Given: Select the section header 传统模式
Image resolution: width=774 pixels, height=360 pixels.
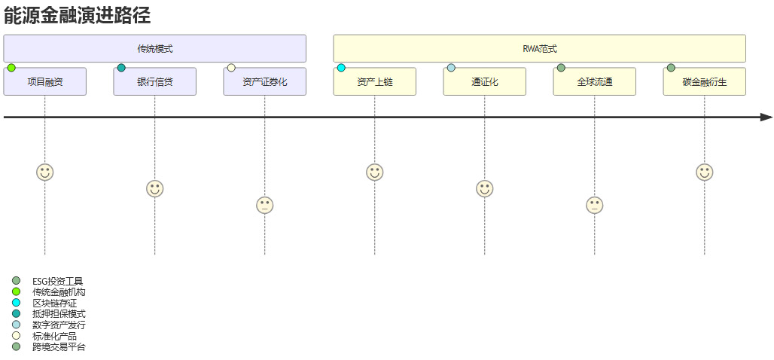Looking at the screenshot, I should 155,49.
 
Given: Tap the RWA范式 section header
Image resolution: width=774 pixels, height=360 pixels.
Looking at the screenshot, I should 539,49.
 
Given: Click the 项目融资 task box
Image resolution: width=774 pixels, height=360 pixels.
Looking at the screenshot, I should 45,82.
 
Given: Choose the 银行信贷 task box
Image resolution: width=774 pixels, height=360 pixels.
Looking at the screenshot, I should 155,82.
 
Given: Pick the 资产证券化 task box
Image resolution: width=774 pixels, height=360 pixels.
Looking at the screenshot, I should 265,82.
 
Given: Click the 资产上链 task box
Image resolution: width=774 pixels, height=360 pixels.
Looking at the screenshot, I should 375,82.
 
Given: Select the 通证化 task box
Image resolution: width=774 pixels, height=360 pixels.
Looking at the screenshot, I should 485,82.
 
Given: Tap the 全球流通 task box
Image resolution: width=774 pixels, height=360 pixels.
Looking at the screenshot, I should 595,82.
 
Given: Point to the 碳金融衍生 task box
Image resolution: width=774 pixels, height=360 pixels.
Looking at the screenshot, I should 705,82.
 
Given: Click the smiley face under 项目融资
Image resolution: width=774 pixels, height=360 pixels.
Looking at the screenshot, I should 45,172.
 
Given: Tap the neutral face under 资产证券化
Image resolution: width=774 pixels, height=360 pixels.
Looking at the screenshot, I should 265,205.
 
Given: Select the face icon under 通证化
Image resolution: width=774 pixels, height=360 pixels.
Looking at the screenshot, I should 485,189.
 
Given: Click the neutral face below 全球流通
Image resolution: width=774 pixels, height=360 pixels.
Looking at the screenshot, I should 595,205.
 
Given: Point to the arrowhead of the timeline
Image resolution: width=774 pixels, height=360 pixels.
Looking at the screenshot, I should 766,117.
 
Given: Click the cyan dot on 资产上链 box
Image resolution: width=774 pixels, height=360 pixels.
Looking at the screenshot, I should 341,68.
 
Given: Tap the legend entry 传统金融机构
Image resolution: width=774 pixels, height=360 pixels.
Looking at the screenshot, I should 58,292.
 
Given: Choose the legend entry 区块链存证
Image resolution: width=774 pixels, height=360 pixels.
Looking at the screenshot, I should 54,303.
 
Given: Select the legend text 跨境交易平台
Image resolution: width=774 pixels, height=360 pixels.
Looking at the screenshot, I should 59,347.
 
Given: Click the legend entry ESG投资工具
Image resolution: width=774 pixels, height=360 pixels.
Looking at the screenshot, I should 57,281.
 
